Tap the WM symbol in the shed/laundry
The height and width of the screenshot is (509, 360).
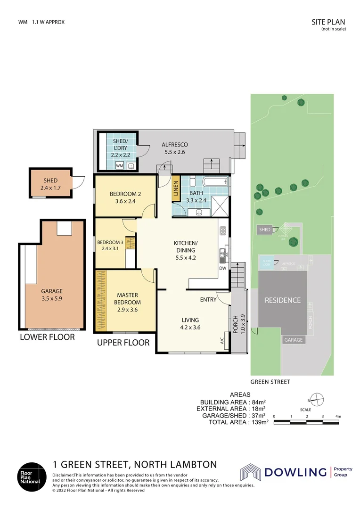(x=120, y=166)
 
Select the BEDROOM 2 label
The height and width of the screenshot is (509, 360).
(x=125, y=197)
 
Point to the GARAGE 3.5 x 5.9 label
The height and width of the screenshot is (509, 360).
(x=52, y=295)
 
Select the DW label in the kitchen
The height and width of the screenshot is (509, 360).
(x=222, y=268)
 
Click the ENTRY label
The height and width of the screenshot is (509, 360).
(x=208, y=299)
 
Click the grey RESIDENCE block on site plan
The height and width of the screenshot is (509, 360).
(x=282, y=300)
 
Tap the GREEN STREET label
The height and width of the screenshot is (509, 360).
(x=270, y=382)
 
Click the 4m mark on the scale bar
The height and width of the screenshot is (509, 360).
(x=338, y=417)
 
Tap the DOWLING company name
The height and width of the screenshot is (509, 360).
(x=295, y=472)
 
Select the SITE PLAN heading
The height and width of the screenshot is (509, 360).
(x=328, y=22)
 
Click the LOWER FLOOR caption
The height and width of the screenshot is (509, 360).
(x=47, y=337)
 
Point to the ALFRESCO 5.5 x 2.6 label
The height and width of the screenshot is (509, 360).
(x=175, y=148)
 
